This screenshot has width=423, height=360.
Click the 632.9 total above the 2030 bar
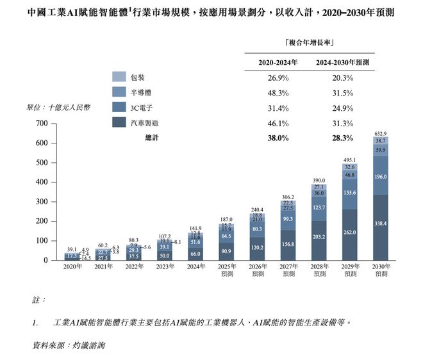click(381, 134)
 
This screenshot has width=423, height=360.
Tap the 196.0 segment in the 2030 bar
click(381, 177)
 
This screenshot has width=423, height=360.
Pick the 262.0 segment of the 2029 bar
click(349, 233)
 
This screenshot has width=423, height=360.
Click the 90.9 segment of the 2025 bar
click(226, 250)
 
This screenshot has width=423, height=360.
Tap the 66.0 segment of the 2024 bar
click(194, 254)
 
